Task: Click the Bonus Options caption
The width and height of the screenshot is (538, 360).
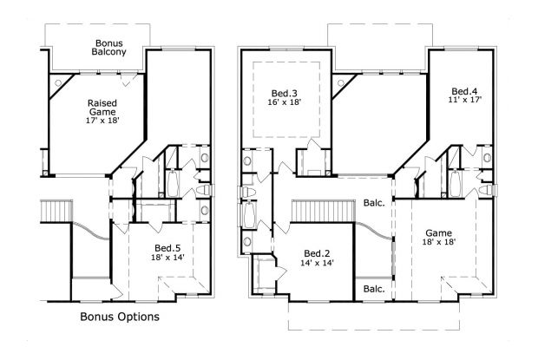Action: pyautogui.click(x=119, y=317)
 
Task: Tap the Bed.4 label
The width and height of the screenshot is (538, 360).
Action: pyautogui.click(x=464, y=91)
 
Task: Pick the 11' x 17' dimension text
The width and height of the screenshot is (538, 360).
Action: pyautogui.click(x=464, y=101)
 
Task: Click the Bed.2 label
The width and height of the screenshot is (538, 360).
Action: pyautogui.click(x=317, y=252)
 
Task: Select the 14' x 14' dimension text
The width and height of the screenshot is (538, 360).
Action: pyautogui.click(x=317, y=262)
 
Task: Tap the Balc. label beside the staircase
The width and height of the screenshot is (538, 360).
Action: pyautogui.click(x=375, y=205)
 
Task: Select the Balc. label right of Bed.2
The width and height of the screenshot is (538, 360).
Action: pyautogui.click(x=374, y=288)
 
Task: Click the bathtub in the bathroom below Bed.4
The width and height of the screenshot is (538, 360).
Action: pyautogui.click(x=456, y=184)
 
